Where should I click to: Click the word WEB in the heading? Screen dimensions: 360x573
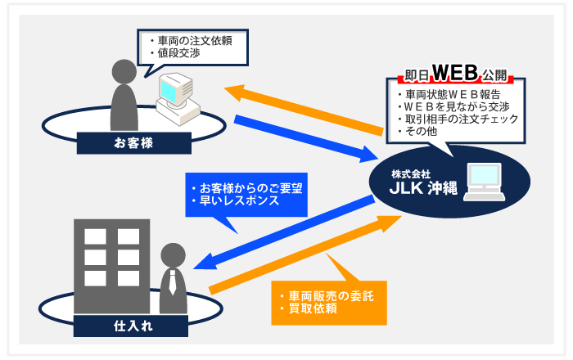tap(454, 73)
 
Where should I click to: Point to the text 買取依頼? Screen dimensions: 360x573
tap(312, 309)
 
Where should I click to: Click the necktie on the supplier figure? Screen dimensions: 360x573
tap(174, 281)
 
